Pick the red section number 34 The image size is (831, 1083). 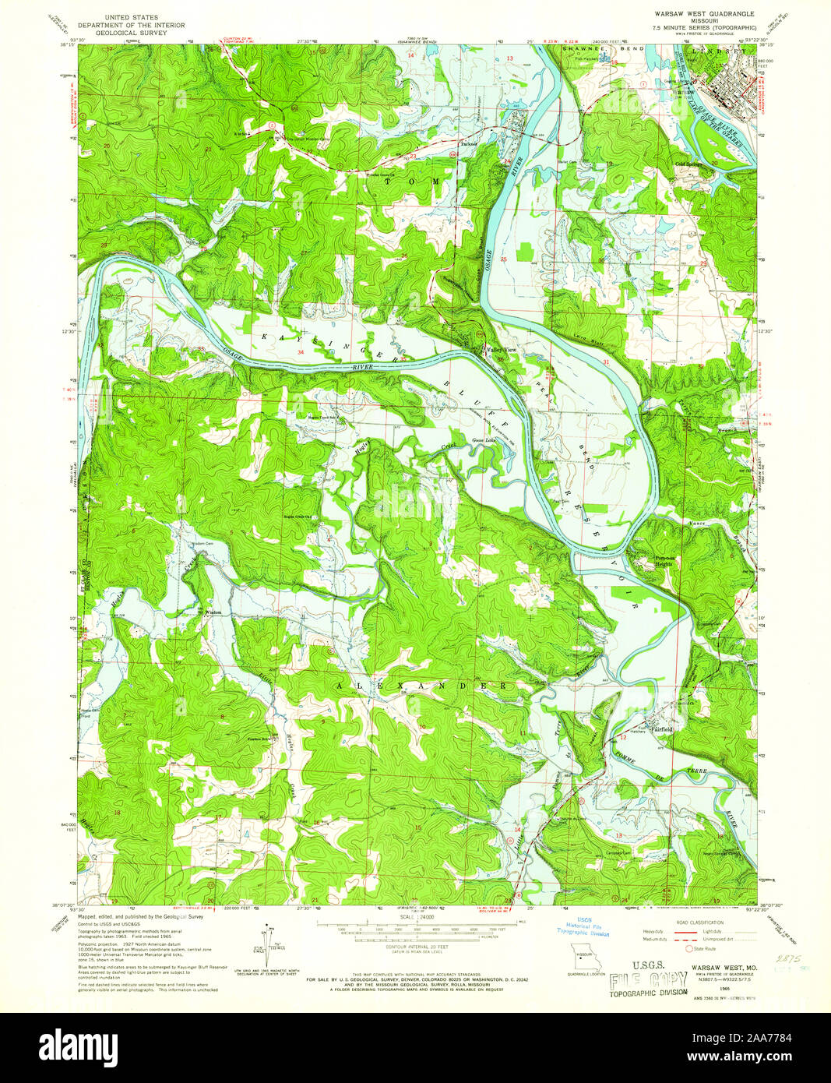pyautogui.click(x=300, y=352)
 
